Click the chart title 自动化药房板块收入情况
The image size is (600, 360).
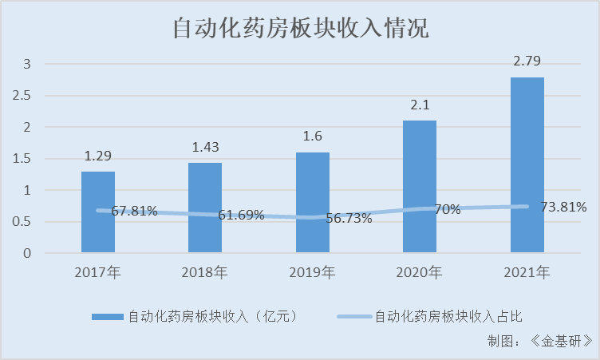(301, 29)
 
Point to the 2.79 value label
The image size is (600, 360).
(527, 61)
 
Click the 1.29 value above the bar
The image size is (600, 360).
(98, 156)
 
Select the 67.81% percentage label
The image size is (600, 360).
(134, 212)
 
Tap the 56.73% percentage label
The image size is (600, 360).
(349, 219)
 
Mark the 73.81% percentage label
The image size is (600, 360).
(563, 208)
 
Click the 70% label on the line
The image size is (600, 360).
(448, 210)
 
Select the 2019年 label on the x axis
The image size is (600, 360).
(313, 273)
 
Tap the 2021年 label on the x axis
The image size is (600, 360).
(527, 273)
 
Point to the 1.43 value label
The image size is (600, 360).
(205, 147)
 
